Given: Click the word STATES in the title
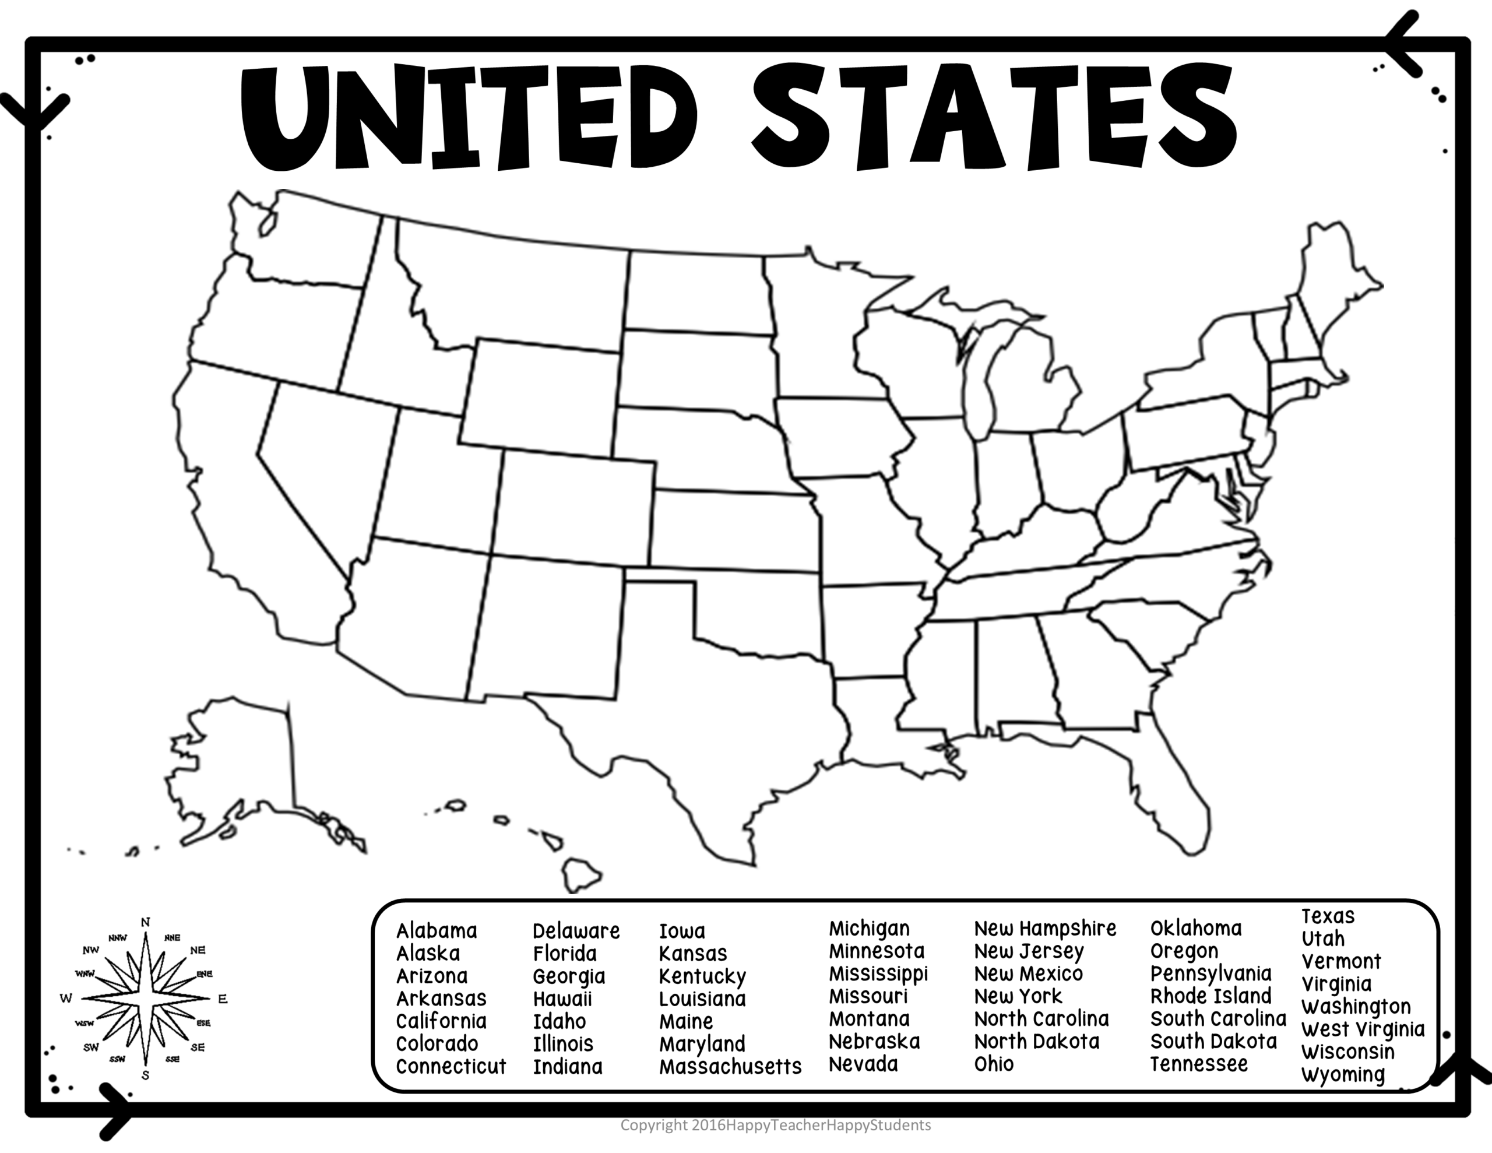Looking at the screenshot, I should point(994,116).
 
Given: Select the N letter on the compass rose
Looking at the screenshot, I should point(146,923).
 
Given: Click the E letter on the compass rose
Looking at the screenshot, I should point(223,999).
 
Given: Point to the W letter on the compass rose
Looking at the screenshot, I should point(66,999).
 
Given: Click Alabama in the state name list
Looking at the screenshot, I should point(437,931).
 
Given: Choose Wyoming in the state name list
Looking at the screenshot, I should point(1342,1074).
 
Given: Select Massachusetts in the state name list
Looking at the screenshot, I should point(730,1066).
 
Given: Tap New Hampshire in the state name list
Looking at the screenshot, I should point(1044,928).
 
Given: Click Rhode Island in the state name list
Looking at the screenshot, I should point(1211,996).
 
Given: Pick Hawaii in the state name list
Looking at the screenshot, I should point(562,999).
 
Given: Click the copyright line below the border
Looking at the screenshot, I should point(775,1125).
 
